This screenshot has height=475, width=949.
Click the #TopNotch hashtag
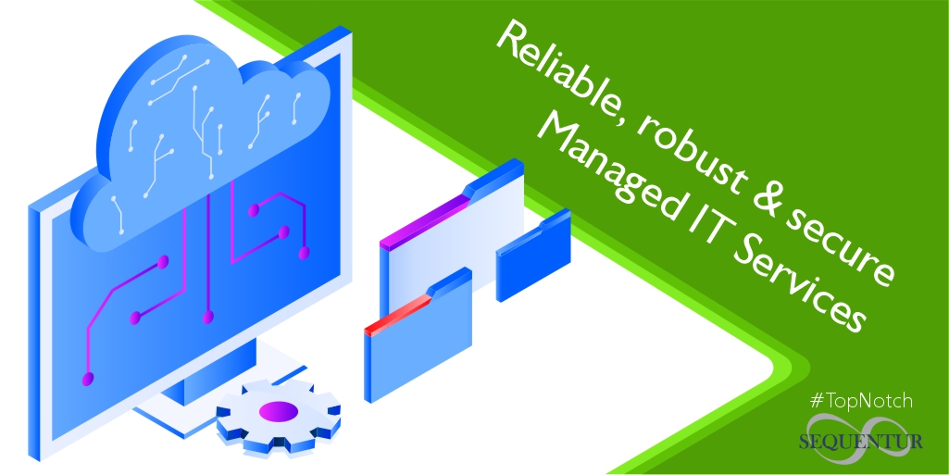click(x=861, y=401)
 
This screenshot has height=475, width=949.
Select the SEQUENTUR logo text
click(x=862, y=442)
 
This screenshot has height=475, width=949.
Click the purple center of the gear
click(x=277, y=410)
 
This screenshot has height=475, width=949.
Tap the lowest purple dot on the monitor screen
click(x=88, y=379)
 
